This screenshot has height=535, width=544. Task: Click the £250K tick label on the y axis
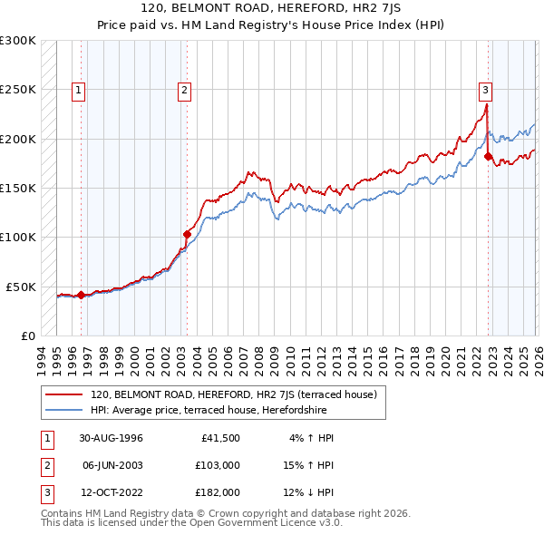tap(18, 90)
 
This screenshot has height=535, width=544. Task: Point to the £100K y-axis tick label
tap(18, 238)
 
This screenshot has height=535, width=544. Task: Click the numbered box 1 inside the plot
tap(79, 90)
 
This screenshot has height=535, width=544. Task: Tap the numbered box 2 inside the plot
tap(184, 90)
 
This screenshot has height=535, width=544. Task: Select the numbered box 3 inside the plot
tap(486, 90)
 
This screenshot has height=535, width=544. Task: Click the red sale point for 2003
tap(187, 234)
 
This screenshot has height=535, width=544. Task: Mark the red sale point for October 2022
tap(488, 156)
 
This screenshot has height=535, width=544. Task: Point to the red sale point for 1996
tap(81, 295)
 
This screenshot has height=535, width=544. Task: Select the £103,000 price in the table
tap(218, 465)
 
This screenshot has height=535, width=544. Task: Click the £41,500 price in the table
tap(220, 438)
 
